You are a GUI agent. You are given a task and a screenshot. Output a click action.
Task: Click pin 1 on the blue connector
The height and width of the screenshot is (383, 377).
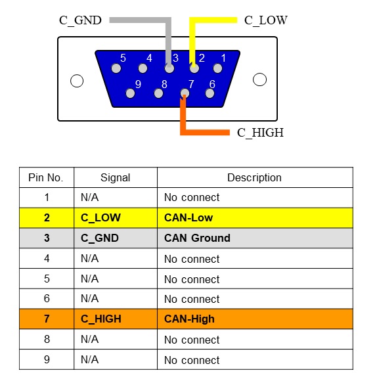pos(217,68)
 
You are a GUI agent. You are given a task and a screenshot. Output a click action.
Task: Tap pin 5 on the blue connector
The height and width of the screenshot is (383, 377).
pos(116,68)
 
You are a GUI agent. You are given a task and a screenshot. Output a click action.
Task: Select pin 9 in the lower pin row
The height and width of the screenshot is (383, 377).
pos(130,93)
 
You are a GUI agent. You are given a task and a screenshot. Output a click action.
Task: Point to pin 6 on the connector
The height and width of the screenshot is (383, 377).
pos(210,93)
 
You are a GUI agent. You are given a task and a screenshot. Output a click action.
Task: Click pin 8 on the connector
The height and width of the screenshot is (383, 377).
pos(158,93)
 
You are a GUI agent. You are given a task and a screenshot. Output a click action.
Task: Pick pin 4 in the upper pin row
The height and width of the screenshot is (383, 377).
pos(143,68)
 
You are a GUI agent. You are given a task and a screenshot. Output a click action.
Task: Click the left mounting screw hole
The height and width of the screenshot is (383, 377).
pos(77,81)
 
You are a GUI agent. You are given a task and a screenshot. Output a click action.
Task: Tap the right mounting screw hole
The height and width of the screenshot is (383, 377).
pos(259,79)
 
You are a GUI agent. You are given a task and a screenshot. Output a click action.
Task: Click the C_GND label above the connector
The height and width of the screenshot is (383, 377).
pos(80,20)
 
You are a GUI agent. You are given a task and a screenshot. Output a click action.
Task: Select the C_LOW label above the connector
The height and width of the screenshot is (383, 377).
pos(266,20)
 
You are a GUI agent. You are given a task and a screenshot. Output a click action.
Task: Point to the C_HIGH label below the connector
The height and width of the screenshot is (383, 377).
pos(260,133)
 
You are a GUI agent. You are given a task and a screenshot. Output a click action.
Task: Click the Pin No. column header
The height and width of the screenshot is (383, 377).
pos(46,177)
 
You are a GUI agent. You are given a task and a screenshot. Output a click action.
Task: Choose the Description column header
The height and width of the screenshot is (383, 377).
pos(254,177)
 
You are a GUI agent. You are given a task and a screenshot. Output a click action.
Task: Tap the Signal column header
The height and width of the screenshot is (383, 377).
pos(115,177)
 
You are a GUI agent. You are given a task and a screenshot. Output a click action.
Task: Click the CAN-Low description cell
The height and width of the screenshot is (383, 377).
pos(255,218)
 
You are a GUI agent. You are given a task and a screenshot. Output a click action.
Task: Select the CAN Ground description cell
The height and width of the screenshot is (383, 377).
pos(255,238)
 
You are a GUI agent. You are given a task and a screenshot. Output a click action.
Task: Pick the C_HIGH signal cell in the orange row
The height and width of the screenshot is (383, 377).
pos(116,319)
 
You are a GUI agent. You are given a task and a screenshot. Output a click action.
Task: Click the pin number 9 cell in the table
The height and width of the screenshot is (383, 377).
pos(47,359)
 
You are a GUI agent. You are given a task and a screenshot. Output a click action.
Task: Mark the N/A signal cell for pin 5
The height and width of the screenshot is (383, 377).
pos(116,279)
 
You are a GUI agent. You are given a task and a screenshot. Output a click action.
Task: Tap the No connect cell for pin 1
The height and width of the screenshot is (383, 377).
pos(255,198)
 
